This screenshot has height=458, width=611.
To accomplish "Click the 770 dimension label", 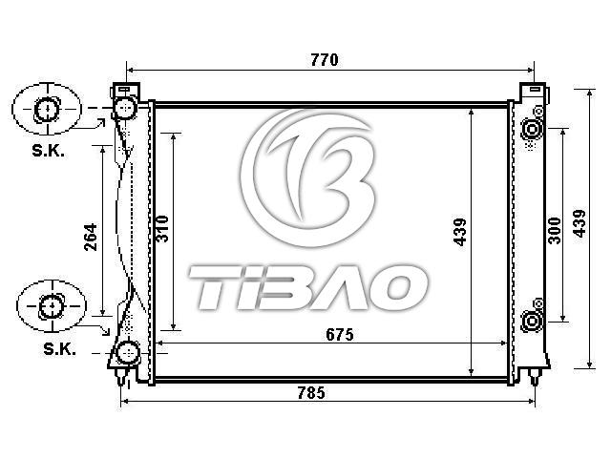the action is point(325,60).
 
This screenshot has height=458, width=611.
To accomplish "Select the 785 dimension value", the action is point(311,392).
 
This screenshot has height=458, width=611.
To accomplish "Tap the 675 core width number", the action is point(340,335).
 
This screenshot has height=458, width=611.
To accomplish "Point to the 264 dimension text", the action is point(91,237).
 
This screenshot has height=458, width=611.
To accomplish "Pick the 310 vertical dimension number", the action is point(162,229).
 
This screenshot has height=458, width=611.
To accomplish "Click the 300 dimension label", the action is point(554,231).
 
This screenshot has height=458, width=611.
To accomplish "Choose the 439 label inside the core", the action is point(460,232).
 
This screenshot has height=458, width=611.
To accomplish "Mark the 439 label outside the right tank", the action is point(579,223).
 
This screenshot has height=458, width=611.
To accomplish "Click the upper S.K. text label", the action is point(49,151).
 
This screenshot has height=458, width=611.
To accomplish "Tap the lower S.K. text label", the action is point(59,349).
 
